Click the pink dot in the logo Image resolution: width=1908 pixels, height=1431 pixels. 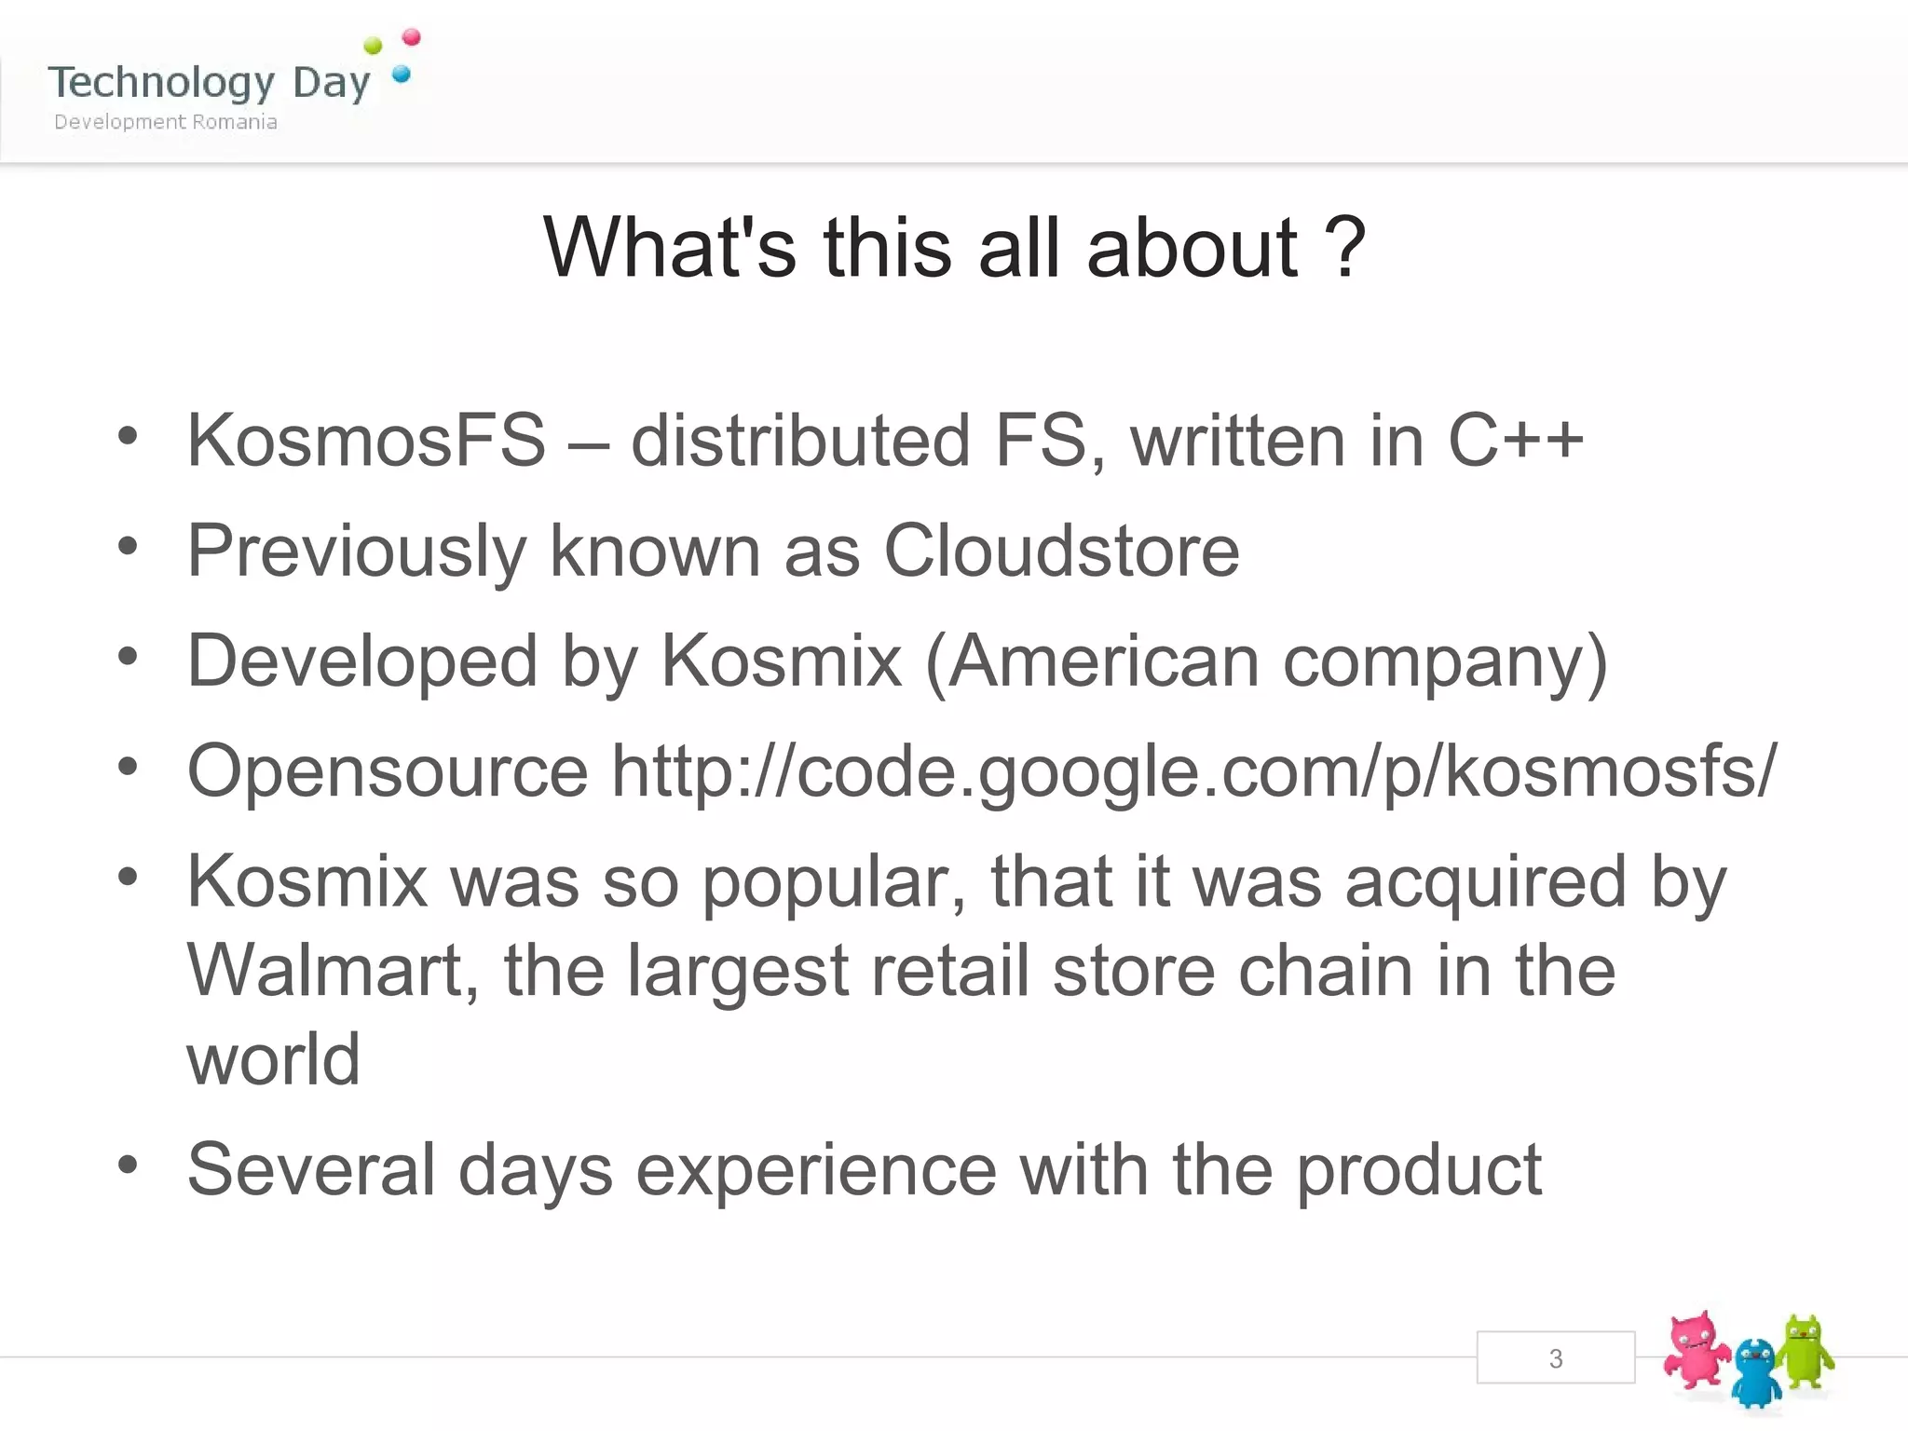click(411, 37)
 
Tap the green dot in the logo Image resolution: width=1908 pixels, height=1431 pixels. click(373, 46)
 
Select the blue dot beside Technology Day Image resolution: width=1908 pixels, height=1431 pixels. click(402, 74)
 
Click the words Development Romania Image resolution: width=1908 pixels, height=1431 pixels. click(166, 122)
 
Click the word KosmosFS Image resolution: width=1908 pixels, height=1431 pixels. click(366, 440)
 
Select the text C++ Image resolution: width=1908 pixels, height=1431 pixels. click(1515, 440)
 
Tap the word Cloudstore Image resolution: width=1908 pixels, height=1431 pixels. click(1061, 551)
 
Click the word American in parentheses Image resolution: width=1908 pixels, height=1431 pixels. click(1103, 661)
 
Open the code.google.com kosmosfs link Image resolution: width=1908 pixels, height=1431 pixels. click(1193, 771)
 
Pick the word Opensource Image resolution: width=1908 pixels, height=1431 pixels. click(388, 771)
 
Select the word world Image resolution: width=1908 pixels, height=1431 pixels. click(273, 1059)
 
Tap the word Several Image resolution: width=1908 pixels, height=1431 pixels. click(311, 1169)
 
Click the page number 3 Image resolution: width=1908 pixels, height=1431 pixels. click(1555, 1358)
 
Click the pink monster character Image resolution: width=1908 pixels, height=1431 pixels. click(1697, 1351)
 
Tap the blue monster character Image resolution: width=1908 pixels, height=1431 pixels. click(1756, 1372)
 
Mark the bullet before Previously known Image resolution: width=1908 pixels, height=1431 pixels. click(128, 547)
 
